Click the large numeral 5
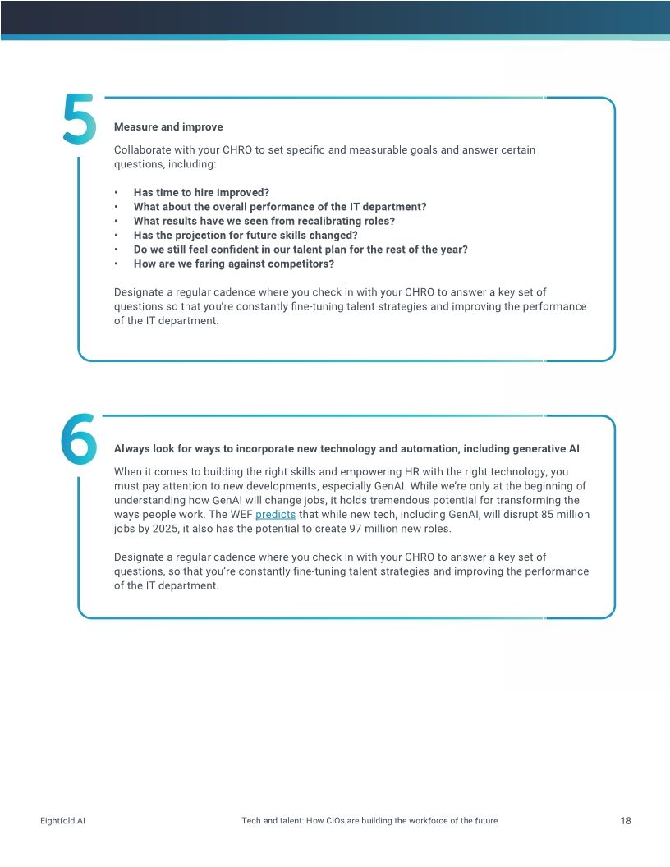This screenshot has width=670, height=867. coord(80,121)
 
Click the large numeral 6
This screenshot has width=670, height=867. coord(79,438)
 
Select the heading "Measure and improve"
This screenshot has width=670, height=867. coord(168,127)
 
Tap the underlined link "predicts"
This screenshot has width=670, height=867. coord(275,515)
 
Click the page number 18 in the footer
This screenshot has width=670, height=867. coord(626,821)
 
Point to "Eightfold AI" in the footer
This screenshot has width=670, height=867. coord(62,821)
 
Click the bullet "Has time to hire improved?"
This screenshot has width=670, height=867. coord(201,193)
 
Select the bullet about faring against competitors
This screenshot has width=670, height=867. coord(233,264)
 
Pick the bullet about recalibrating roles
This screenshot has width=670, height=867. coord(264,221)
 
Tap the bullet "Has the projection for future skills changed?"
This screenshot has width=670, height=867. coord(246,236)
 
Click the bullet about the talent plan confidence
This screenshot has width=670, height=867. coord(301,250)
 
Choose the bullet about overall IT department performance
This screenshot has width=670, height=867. coord(280,207)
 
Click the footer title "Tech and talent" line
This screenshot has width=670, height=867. coord(369,821)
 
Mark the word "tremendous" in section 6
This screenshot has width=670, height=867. coord(417,500)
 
